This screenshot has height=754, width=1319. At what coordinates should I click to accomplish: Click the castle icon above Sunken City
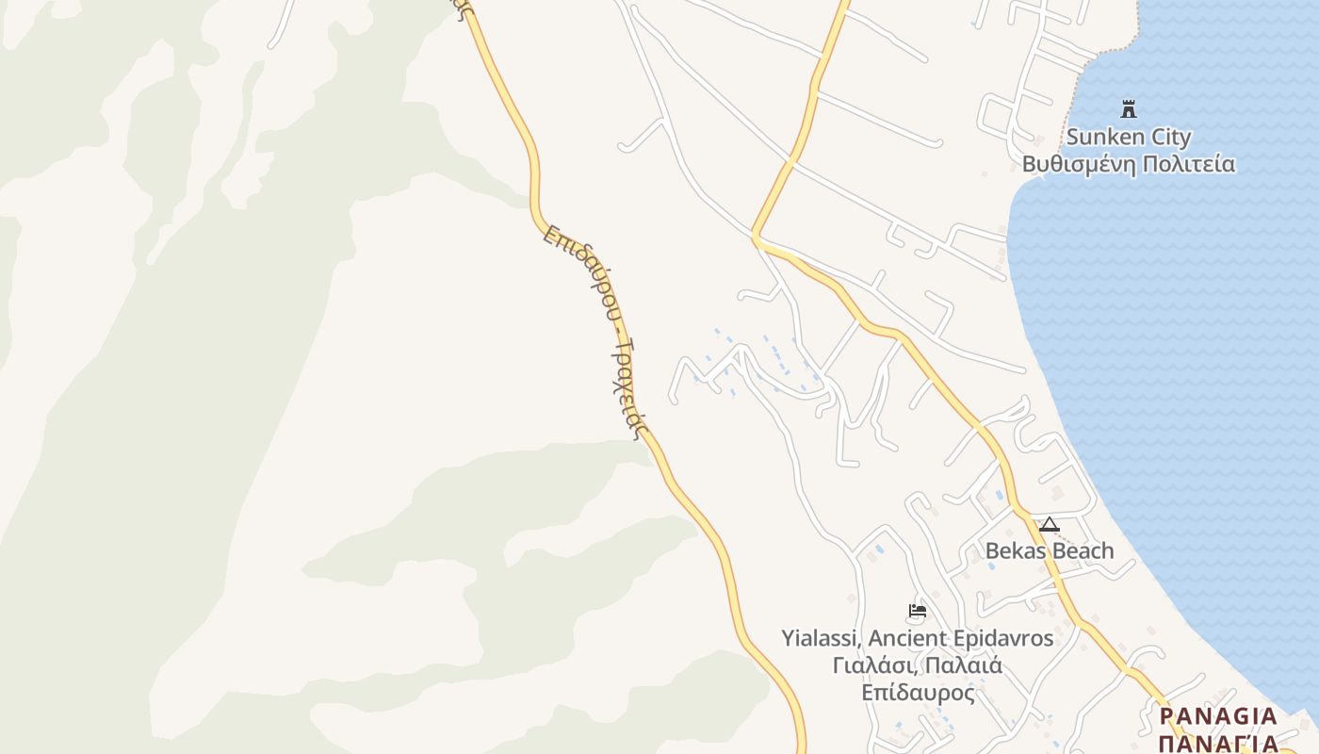(x=1128, y=108)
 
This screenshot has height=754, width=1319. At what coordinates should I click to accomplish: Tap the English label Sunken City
(x=1128, y=137)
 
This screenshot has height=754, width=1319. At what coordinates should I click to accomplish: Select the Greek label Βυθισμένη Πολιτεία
(x=1128, y=164)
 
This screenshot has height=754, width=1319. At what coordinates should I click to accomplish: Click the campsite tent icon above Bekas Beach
(x=1049, y=525)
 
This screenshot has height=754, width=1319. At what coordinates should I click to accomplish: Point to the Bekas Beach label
(x=1049, y=550)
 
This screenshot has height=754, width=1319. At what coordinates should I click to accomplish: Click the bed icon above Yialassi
(x=917, y=611)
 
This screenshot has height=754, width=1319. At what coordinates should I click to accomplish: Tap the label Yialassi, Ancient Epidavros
(x=917, y=638)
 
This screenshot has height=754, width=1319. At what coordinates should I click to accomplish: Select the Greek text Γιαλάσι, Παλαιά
(x=917, y=665)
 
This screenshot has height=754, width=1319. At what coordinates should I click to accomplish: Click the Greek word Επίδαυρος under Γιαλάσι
(x=917, y=693)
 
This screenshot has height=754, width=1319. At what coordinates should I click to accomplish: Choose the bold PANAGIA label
(x=1217, y=716)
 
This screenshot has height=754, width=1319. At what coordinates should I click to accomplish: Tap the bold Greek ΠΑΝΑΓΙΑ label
(x=1217, y=744)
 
